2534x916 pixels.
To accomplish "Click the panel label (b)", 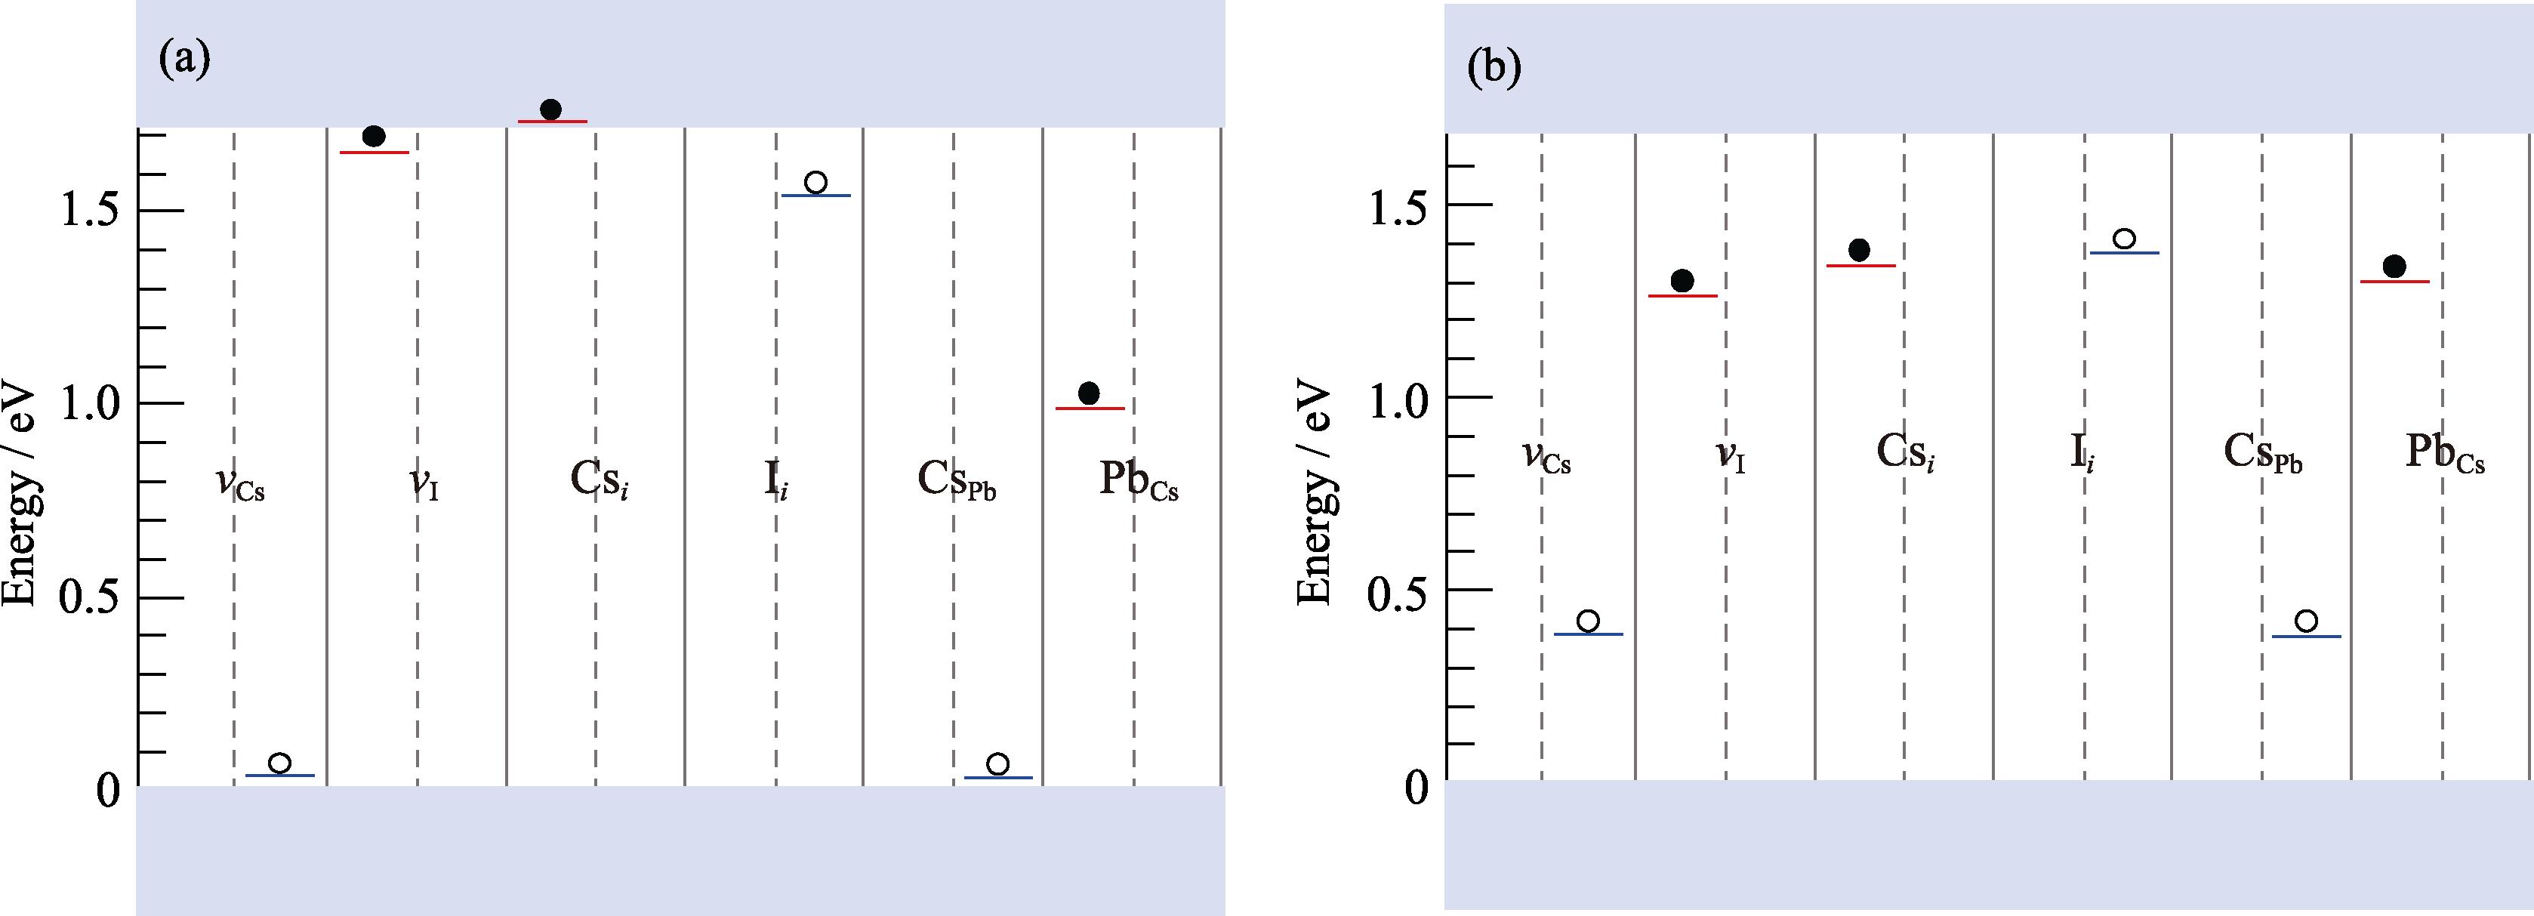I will point(1494,68).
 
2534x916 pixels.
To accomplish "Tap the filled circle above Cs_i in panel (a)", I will point(551,109).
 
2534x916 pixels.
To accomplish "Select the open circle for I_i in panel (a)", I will point(815,182).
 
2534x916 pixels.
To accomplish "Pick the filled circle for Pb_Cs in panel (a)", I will point(1089,393).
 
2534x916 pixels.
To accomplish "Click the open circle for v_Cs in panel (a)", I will point(279,763).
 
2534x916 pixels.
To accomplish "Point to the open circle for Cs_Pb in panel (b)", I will point(2306,621).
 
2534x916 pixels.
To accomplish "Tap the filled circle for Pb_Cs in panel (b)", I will point(2394,267).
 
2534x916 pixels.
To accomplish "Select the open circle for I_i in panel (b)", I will point(2124,239).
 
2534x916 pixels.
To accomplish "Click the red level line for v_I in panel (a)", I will point(374,153).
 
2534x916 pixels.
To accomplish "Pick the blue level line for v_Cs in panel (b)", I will point(1588,634).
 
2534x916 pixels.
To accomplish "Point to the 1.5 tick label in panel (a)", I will point(91,211).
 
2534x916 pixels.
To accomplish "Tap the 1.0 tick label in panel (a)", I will point(91,403).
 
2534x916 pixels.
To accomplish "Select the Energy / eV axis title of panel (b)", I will point(1315,492).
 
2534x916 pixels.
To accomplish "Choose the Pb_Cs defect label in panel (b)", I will point(2446,455).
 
